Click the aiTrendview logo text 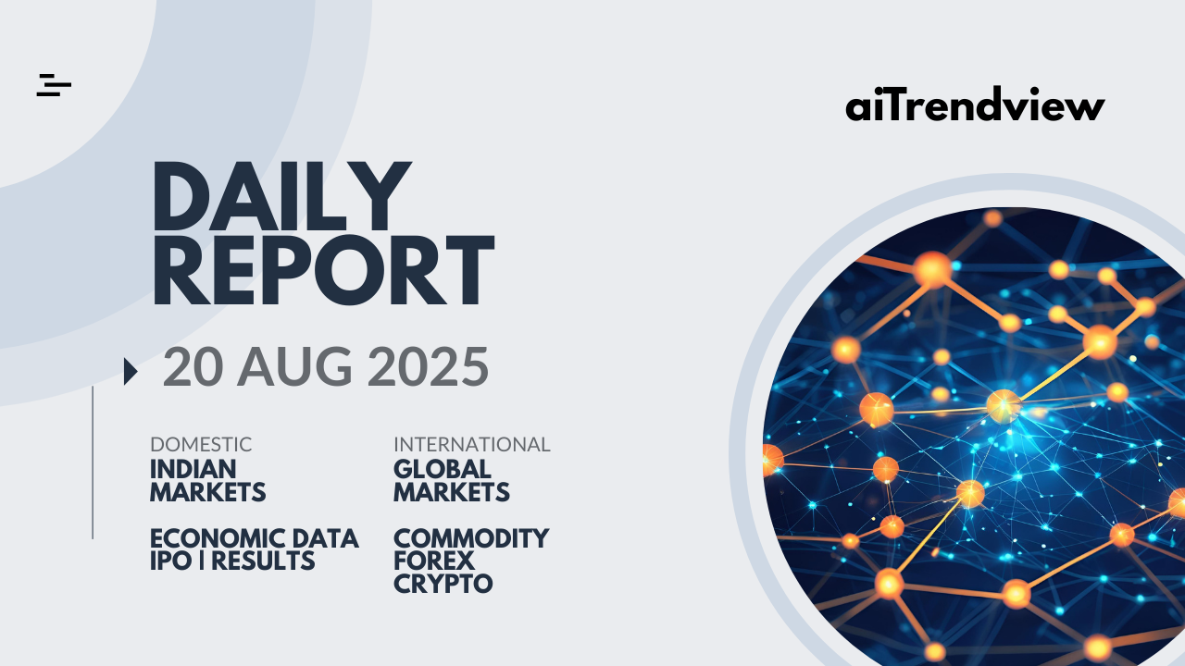click(975, 105)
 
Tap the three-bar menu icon click(54, 85)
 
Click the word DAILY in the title click(281, 196)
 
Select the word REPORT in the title click(324, 270)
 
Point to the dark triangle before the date click(131, 371)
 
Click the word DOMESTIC click(201, 445)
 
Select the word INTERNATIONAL click(472, 445)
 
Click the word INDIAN click(193, 469)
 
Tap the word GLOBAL click(443, 469)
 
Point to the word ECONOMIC click(218, 538)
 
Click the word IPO click(171, 561)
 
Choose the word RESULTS click(263, 561)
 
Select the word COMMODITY click(471, 538)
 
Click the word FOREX click(434, 561)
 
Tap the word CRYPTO click(443, 584)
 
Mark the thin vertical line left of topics click(93, 462)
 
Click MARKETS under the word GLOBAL click(451, 492)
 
